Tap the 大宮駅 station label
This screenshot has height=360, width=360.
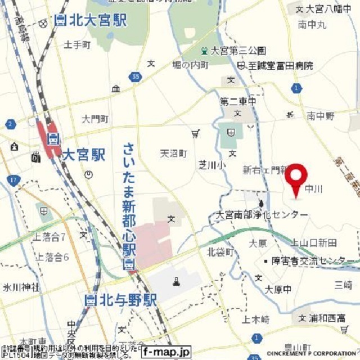(83, 154)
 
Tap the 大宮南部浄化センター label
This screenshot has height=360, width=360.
(263, 215)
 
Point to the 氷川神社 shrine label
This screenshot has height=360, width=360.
(21, 287)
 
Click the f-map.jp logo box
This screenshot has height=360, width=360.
(166, 351)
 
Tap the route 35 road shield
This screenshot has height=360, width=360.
(134, 76)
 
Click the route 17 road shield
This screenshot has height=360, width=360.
(14, 180)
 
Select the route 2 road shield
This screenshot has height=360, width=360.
(10, 124)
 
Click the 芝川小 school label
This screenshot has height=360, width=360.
(211, 165)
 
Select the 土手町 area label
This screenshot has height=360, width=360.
(77, 44)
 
